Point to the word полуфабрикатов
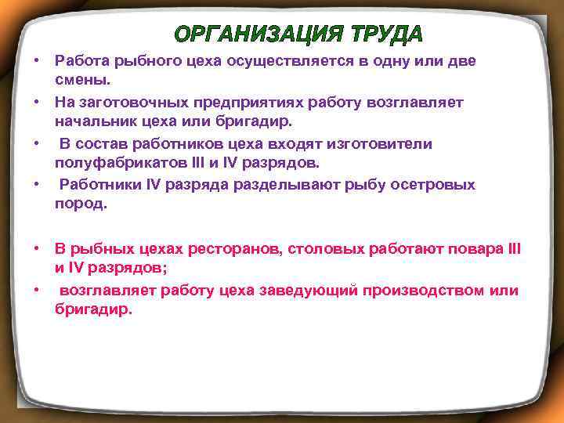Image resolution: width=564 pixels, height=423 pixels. [x=110, y=163]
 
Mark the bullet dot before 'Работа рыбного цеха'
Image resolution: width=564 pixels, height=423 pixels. [x=36, y=60]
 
